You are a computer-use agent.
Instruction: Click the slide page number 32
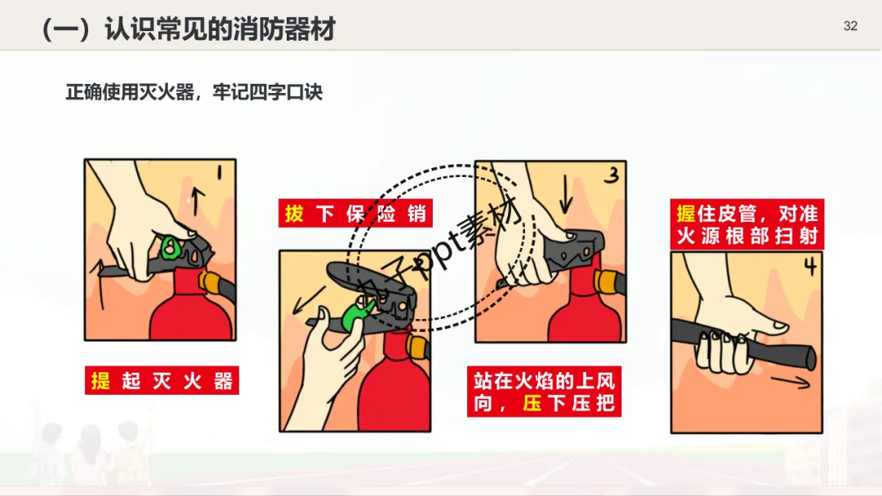[x=850, y=26]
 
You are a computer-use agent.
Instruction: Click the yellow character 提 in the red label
[x=100, y=381]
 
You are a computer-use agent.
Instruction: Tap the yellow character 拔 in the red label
[x=294, y=214]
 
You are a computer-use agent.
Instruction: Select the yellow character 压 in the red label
[x=532, y=403]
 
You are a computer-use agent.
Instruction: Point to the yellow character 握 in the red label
[x=686, y=214]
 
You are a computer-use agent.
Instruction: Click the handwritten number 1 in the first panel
[x=220, y=172]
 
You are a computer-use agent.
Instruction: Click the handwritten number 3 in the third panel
[x=612, y=175]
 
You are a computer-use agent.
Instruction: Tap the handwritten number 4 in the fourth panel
[x=810, y=266]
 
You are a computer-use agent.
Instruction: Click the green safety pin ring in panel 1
[x=169, y=248]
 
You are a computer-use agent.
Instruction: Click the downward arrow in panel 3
[x=567, y=194]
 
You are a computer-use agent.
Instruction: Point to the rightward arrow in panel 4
[x=791, y=383]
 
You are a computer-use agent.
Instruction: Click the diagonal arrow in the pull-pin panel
[x=309, y=300]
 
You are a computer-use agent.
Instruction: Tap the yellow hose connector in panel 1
[x=209, y=281]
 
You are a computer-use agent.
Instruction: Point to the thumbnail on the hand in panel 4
[x=780, y=325]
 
